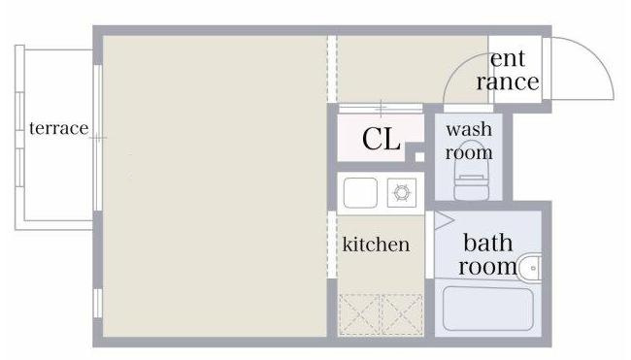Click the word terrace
click(x=59, y=129)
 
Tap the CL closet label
click(x=382, y=139)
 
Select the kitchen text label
click(x=376, y=244)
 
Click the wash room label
click(x=469, y=141)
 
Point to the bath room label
click(x=487, y=254)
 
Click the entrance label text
click(x=508, y=70)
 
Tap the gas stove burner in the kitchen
click(x=402, y=193)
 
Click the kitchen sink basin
click(x=360, y=193)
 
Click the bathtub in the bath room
click(x=488, y=309)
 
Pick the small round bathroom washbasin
click(x=530, y=268)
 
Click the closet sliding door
click(x=381, y=108)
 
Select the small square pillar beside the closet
click(x=419, y=156)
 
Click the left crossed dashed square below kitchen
click(x=360, y=314)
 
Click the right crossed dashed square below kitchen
click(x=402, y=314)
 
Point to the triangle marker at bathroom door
click(x=444, y=221)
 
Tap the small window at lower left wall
click(x=97, y=304)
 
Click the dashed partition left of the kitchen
click(x=332, y=245)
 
